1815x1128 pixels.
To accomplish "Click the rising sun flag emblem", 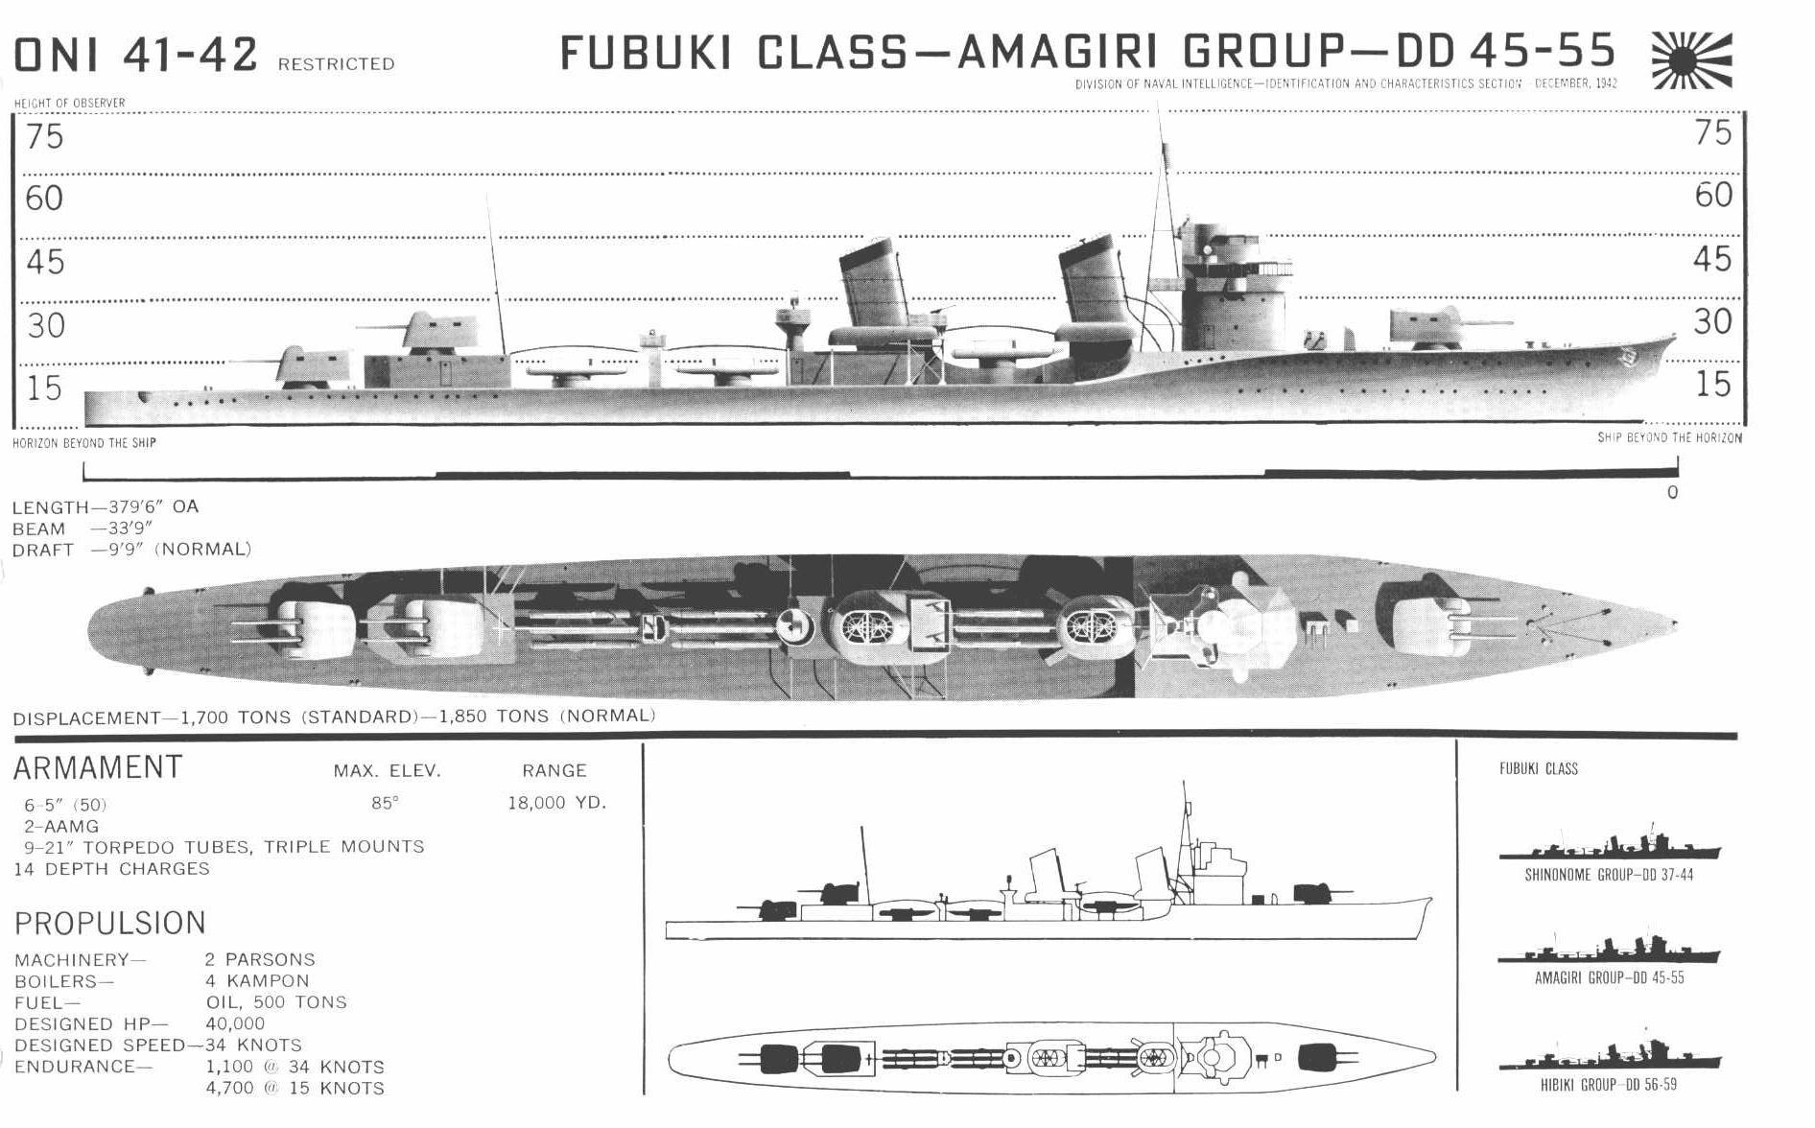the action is (1692, 60).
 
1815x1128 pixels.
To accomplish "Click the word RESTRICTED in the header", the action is (336, 64).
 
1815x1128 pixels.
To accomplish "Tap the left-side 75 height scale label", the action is (45, 137).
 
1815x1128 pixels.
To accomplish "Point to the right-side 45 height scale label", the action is (1713, 259).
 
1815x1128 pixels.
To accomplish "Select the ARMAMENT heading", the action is (98, 767).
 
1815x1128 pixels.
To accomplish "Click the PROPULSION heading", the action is (110, 923).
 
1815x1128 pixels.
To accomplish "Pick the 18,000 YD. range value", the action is (557, 803).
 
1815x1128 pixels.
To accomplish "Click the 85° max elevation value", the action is (385, 803).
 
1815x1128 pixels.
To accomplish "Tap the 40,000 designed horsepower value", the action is (235, 1023).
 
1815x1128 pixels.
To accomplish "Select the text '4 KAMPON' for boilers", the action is (257, 981).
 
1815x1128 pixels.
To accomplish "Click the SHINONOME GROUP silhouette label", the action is (1609, 876).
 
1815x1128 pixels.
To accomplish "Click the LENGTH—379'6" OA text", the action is (106, 506).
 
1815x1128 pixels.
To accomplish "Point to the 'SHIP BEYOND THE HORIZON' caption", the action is (1669, 437).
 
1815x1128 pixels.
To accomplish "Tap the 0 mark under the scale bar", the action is (1673, 493).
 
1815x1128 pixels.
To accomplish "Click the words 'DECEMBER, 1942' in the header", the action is (1576, 83).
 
